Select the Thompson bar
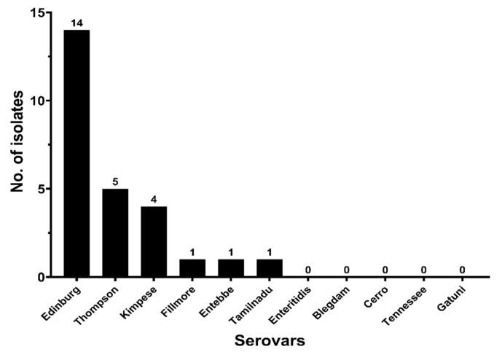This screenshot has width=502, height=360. [114, 232]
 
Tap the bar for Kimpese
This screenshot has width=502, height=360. [153, 241]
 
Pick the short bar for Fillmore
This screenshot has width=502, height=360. [192, 268]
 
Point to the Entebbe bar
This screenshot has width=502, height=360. [230, 268]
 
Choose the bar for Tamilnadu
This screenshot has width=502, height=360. [269, 268]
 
